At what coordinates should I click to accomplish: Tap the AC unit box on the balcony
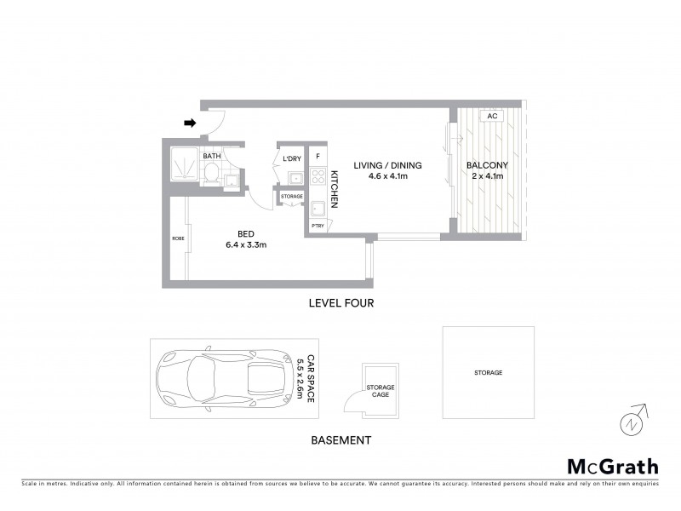492,116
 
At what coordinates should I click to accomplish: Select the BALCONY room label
488,165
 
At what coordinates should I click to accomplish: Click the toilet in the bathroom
209,175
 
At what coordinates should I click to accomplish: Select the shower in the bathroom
180,164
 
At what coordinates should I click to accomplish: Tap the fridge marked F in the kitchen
318,157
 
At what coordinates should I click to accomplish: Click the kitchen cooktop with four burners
318,179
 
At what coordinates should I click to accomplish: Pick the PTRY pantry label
318,226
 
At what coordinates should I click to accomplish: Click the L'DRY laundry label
292,159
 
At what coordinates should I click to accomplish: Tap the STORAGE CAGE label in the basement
381,392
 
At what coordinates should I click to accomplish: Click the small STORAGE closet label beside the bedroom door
292,197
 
